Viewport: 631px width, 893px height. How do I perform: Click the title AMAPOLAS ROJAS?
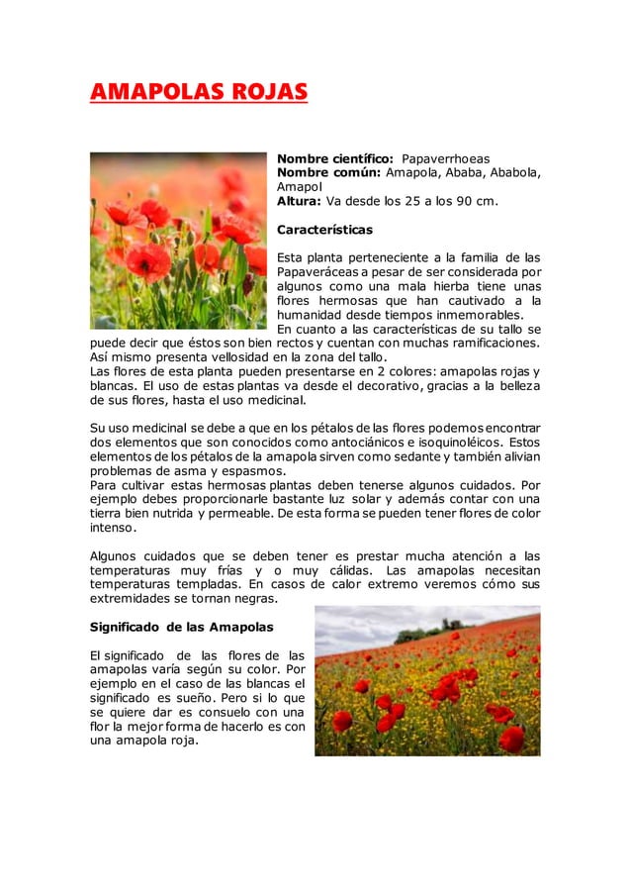pos(198,94)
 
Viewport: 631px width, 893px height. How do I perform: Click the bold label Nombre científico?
pos(335,158)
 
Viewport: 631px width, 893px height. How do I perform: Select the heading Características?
pos(324,230)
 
